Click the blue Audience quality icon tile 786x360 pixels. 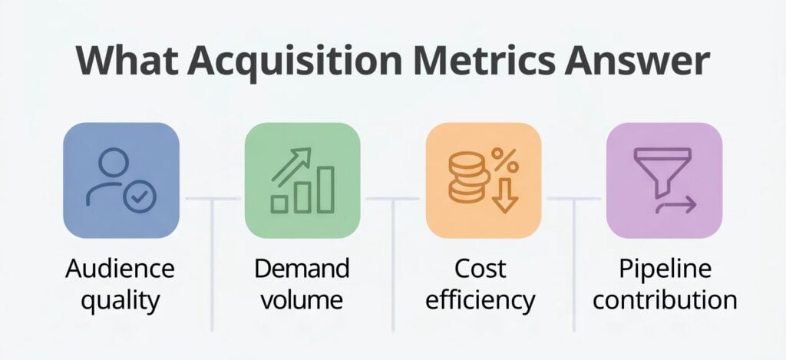121,180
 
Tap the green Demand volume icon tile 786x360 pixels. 302,180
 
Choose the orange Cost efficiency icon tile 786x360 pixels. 484,180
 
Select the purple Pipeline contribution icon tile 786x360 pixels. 664,180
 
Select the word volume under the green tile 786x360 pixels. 302,299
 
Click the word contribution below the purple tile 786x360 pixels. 665,299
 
